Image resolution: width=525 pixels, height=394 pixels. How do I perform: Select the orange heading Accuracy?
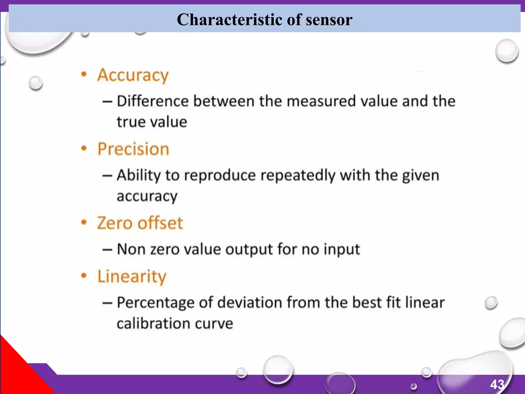click(133, 75)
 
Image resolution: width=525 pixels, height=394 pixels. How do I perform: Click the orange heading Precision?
click(133, 149)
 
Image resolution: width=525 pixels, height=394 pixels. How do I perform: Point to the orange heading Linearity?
click(132, 277)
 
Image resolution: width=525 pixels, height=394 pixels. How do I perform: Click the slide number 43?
click(497, 385)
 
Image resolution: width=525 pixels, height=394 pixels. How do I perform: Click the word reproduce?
click(220, 176)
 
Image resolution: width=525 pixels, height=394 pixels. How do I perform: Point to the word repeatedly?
click(298, 176)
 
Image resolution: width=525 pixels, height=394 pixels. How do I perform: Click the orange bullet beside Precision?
click(84, 149)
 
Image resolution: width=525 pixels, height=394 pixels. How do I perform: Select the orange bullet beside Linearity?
click(84, 276)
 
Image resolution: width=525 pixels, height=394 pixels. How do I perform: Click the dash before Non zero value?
click(107, 249)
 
